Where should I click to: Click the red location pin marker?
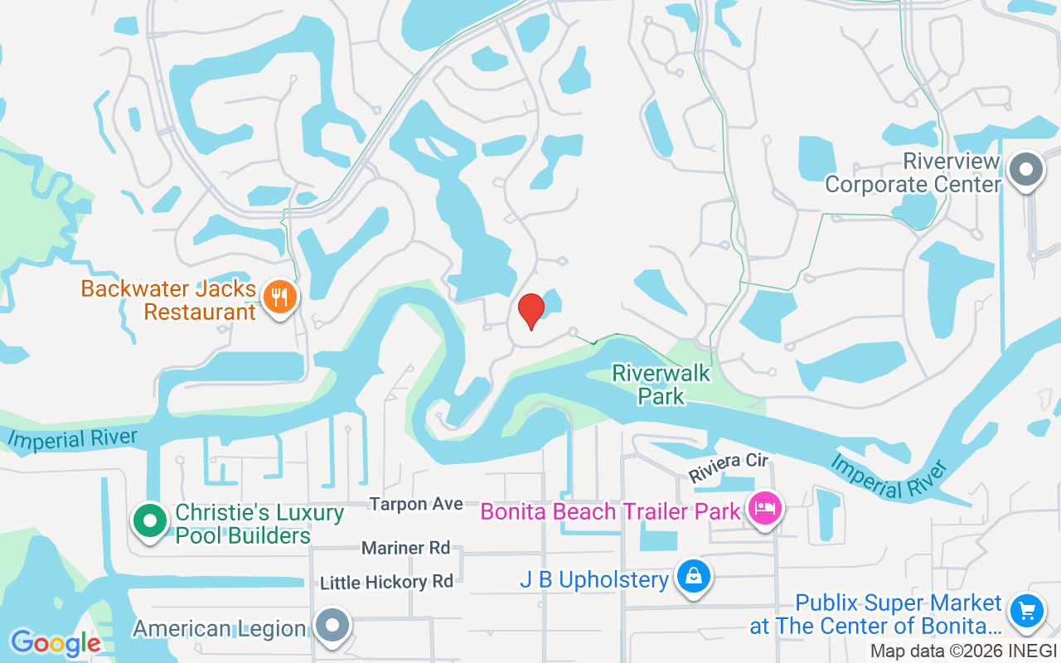[x=530, y=311]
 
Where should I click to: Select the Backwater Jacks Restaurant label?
[x=169, y=300]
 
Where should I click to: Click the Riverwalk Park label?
[x=661, y=385]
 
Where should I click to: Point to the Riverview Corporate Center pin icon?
[x=1026, y=170]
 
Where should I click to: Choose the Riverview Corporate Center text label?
[x=913, y=172]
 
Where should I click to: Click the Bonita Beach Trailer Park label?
[x=610, y=511]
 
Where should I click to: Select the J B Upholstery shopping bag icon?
[x=692, y=577]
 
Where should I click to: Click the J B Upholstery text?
[x=593, y=580]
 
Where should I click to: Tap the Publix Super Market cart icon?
[x=1026, y=612]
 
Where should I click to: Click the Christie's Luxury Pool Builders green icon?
[x=150, y=521]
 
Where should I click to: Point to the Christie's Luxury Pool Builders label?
[x=259, y=524]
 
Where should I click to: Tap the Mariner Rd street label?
[x=405, y=548]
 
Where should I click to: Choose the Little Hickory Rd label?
[x=386, y=583]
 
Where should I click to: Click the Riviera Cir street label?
[x=729, y=467]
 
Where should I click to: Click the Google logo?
[x=55, y=643]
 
